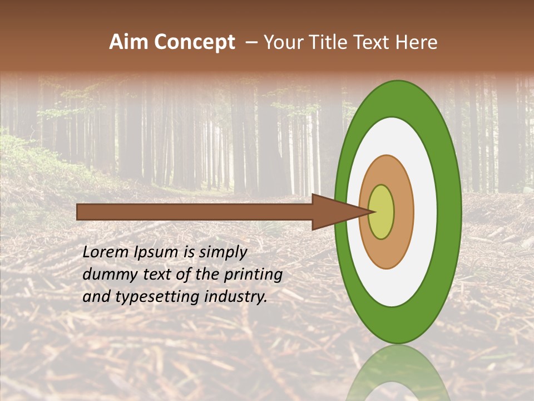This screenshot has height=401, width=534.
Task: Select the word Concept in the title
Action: [x=194, y=42]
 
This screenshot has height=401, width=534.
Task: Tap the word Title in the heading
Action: [x=320, y=42]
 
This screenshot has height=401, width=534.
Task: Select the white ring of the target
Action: [x=426, y=212]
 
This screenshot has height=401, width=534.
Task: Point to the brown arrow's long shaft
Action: [x=195, y=212]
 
